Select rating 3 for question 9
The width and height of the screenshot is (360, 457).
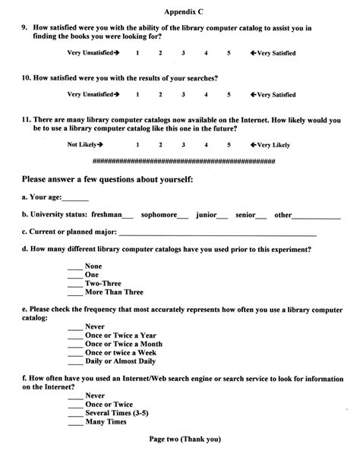(x=183, y=52)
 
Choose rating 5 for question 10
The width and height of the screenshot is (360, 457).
(x=229, y=94)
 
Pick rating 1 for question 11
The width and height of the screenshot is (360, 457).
(x=137, y=143)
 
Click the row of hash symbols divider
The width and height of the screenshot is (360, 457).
(x=183, y=162)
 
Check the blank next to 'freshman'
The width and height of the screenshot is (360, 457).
(x=128, y=216)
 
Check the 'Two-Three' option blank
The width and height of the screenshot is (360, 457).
(x=75, y=284)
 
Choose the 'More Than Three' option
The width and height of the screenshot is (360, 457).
(x=114, y=292)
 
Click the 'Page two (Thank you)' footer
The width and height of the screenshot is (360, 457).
(x=185, y=440)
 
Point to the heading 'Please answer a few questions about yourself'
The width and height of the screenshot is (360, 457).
(x=107, y=179)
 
